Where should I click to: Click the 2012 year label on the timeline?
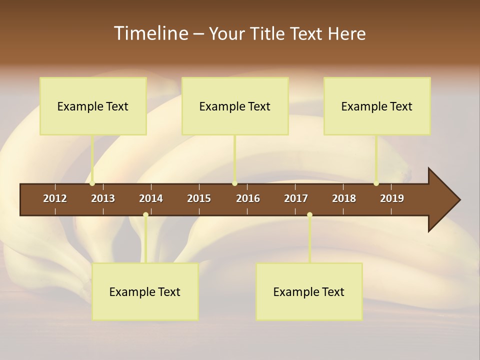pos(55,198)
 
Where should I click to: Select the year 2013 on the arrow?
pos(103,198)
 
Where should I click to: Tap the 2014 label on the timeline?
pos(151,198)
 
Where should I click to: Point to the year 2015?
pos(199,198)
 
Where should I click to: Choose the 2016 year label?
pos(248,198)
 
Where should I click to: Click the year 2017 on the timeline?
pos(296,198)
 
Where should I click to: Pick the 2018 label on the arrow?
pos(344,198)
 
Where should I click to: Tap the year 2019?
pos(392,198)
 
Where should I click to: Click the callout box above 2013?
pos(93,106)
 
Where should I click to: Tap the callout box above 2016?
pos(235,106)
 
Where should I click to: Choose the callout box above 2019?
pos(377,106)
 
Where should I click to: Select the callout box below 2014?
pos(145,291)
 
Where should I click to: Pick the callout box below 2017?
pos(309,291)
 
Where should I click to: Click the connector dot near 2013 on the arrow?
pos(92,183)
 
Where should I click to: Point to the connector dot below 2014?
pos(145,215)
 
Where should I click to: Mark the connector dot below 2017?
pos(309,215)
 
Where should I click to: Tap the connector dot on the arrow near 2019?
pos(376,183)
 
